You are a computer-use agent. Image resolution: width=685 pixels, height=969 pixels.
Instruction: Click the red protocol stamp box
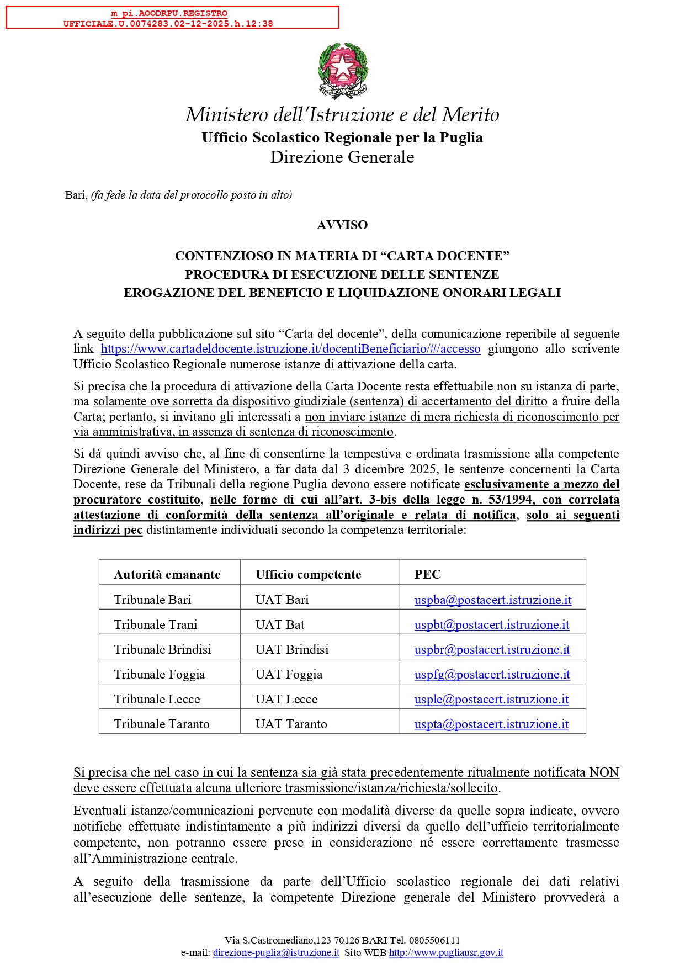click(172, 18)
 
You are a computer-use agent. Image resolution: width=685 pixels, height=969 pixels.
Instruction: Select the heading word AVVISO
click(342, 225)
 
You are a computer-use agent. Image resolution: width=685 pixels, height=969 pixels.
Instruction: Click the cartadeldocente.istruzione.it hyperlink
click(290, 349)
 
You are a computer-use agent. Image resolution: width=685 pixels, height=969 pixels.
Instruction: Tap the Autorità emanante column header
click(167, 575)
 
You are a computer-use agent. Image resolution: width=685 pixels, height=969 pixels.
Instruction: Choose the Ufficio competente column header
click(308, 575)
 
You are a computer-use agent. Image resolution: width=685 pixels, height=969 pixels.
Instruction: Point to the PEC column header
click(428, 575)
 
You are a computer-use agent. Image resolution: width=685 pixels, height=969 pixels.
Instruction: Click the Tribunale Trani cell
click(156, 625)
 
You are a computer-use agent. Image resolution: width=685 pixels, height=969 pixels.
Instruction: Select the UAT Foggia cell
click(289, 675)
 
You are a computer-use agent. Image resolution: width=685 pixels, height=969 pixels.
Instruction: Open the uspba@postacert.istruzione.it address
click(493, 600)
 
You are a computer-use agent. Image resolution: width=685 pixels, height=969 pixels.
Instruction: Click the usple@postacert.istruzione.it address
click(491, 700)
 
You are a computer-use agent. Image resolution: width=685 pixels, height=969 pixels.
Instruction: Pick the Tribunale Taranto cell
click(162, 724)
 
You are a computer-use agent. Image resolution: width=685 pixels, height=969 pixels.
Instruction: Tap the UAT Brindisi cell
click(292, 650)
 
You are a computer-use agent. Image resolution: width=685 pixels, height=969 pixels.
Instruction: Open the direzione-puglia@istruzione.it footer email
click(276, 952)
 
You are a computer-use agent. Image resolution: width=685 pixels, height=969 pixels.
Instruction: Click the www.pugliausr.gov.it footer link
click(446, 952)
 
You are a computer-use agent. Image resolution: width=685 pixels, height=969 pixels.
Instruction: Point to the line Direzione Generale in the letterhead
click(342, 157)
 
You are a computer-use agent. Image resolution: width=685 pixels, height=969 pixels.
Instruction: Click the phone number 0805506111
click(434, 940)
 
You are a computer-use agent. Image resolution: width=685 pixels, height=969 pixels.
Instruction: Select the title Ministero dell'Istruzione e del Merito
click(342, 115)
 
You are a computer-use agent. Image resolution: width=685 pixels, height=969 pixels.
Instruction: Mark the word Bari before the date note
click(76, 195)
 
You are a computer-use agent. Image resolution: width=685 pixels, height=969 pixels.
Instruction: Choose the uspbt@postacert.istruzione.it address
click(492, 625)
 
